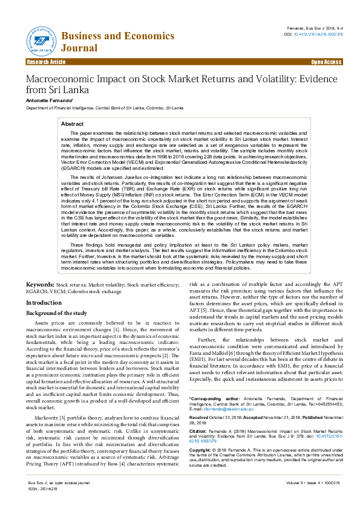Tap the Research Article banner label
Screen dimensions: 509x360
click(46, 62)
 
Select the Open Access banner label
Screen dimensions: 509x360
click(326, 62)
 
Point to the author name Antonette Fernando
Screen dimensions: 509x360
click(49, 100)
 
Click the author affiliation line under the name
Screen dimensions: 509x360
click(96, 108)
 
